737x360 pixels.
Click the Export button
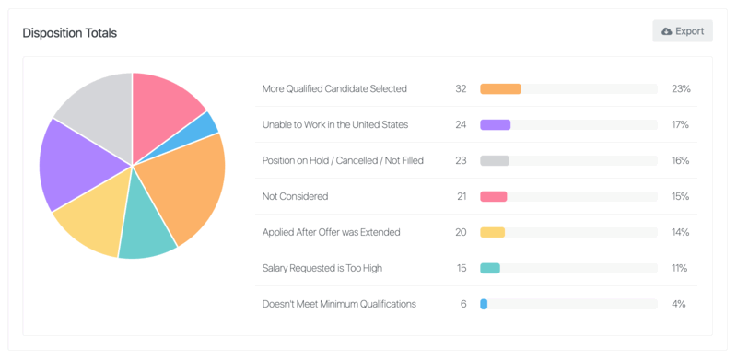[683, 31]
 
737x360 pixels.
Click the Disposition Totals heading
[69, 33]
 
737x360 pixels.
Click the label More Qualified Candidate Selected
[334, 89]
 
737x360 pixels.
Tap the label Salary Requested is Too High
[322, 268]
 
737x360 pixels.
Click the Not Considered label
[295, 196]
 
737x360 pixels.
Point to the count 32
[461, 89]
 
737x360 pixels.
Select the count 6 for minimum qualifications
[463, 304]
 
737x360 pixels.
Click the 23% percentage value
[680, 89]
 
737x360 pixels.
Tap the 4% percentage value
[678, 304]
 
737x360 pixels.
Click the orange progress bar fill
[500, 89]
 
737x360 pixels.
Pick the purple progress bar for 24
[496, 125]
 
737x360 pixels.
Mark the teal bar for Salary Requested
[490, 268]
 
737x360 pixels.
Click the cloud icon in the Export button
[667, 31]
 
